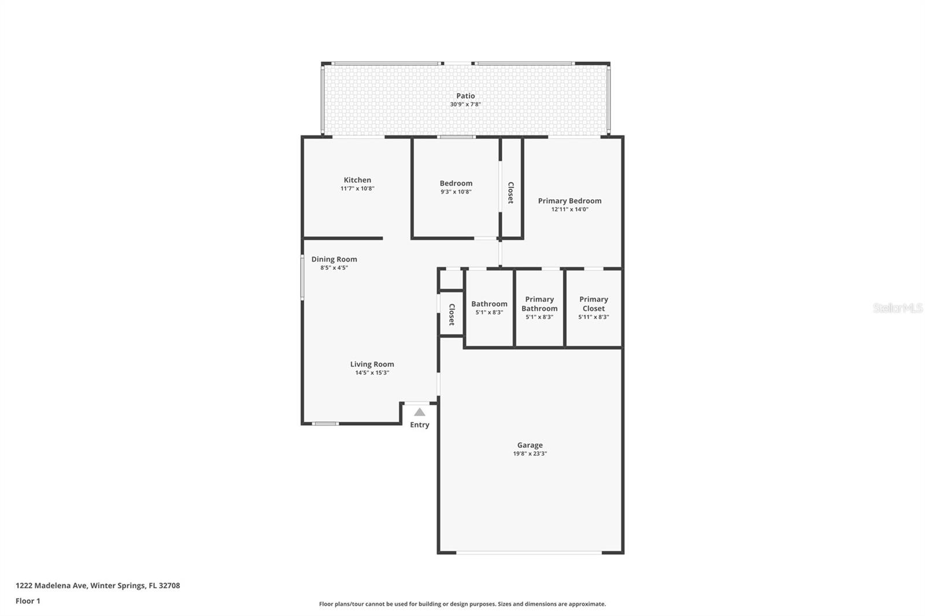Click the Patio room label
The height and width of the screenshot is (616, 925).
coord(465,96)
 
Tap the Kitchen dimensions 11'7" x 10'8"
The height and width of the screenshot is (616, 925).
coord(357,188)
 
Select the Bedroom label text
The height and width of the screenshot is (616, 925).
coord(456,183)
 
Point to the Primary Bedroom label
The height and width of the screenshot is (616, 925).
coord(569,201)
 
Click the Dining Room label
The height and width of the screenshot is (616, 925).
coord(334,259)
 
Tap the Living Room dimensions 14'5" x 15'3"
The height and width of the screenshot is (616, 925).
coord(372,373)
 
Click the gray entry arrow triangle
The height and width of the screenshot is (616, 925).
coord(420,412)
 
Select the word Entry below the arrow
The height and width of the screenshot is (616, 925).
coord(420,425)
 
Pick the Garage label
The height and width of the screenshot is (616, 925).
coord(530,445)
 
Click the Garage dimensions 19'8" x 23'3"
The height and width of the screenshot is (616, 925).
coord(530,454)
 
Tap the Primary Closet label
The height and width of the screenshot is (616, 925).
coord(594,303)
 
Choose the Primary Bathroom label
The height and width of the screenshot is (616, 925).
coord(539,303)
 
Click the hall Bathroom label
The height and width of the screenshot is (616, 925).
coord(489,303)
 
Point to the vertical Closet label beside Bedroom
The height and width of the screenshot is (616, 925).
coord(510,192)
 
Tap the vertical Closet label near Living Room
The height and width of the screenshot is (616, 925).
coord(452,314)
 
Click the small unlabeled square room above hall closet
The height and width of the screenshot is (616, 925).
coord(451,280)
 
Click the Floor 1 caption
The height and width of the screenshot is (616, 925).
coord(28,601)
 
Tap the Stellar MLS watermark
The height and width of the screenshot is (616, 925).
coord(897,308)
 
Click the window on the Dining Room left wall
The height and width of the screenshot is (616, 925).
coord(302,277)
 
